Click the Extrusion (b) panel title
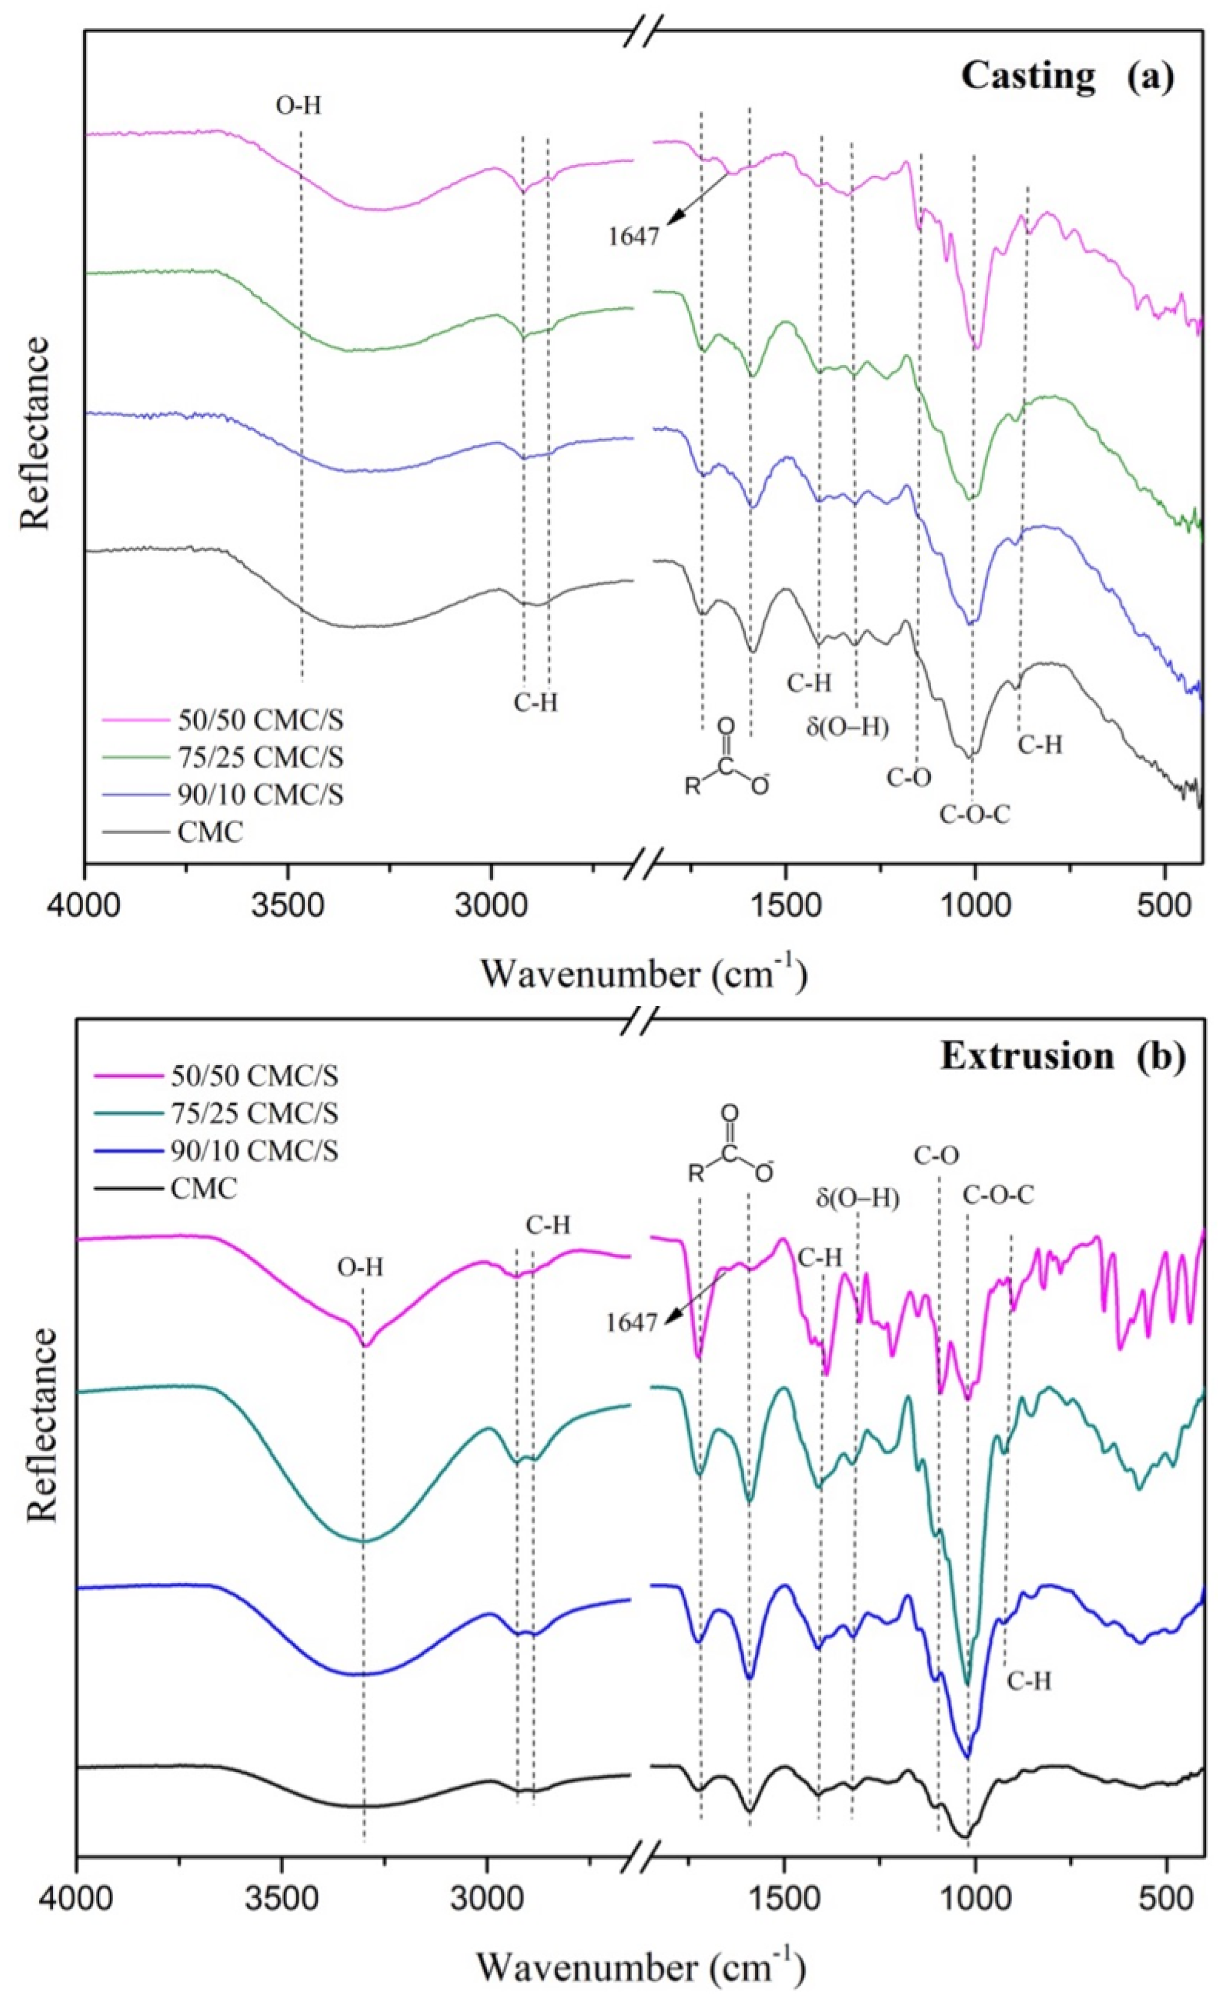(x=1062, y=1057)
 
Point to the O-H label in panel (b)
(x=360, y=1268)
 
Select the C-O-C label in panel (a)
(x=975, y=814)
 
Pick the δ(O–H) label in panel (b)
(x=858, y=1199)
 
